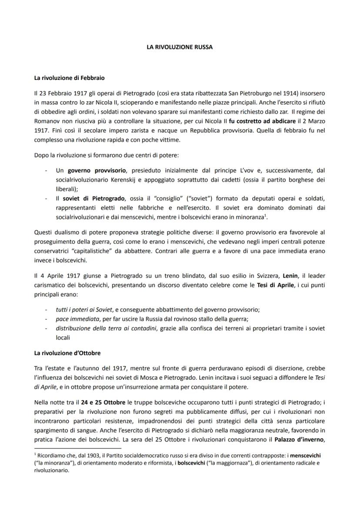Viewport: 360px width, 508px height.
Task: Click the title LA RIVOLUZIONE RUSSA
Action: tap(180, 47)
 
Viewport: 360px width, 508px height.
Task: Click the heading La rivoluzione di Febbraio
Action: tap(70, 78)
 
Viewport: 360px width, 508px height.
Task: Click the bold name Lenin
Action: tap(291, 276)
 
